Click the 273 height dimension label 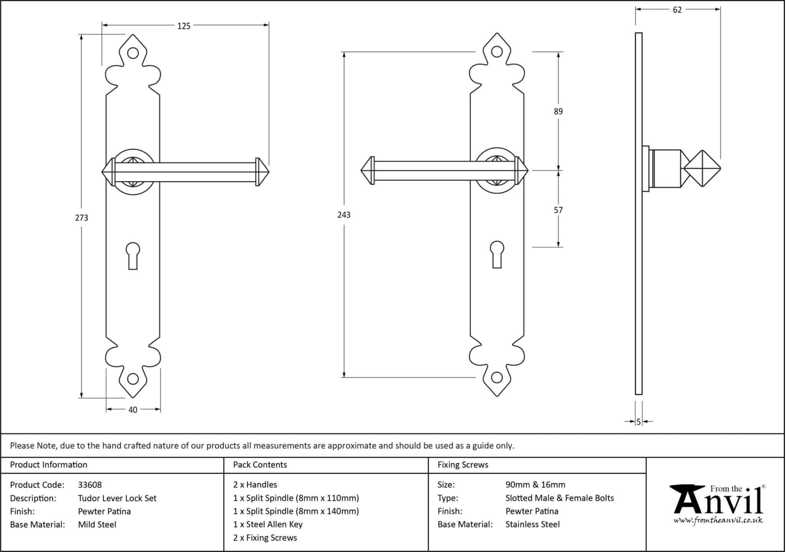(x=82, y=218)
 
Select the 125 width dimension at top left (x=184, y=26)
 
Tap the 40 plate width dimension (x=133, y=410)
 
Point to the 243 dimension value (x=344, y=215)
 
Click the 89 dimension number (x=558, y=112)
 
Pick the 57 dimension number (x=558, y=210)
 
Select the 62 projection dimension (x=677, y=10)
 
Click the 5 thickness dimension (x=639, y=422)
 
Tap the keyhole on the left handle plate (x=133, y=255)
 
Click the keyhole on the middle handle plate (x=497, y=254)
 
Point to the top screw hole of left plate (x=133, y=53)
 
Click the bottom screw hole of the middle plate (x=497, y=378)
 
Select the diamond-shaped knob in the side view (x=702, y=168)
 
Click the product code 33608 (x=90, y=485)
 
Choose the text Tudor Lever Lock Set (x=117, y=498)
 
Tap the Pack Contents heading (x=260, y=465)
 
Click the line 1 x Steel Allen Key (x=268, y=524)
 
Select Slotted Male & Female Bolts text (x=560, y=498)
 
